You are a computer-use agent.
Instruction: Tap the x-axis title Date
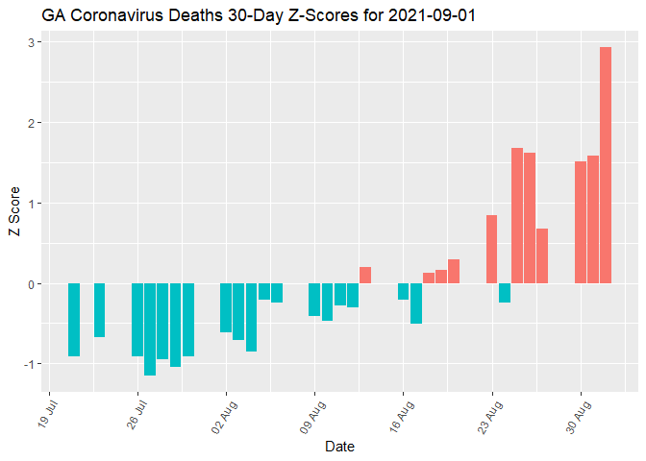coord(339,447)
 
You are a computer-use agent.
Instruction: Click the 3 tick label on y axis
coord(32,42)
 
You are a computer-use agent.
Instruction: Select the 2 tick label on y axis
coord(32,123)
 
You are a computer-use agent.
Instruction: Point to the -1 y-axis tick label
coord(29,364)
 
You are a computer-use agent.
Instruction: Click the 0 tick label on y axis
coord(32,284)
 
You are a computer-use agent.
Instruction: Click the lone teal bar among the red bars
coord(505,293)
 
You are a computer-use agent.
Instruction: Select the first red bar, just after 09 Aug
coord(365,276)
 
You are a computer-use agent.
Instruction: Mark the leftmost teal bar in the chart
coord(74,320)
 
